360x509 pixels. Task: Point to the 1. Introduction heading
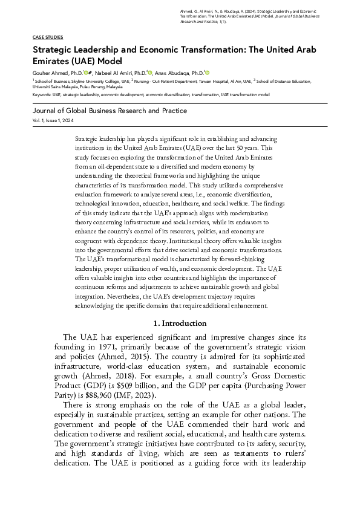(180, 323)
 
